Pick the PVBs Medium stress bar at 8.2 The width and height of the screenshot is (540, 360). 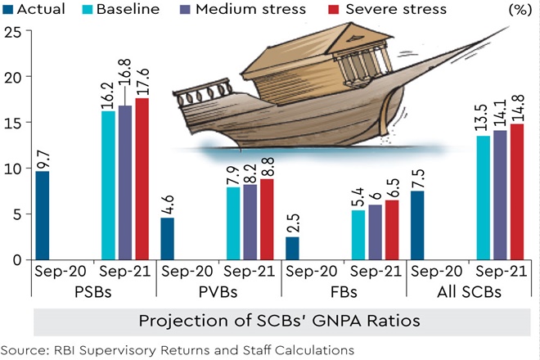click(251, 222)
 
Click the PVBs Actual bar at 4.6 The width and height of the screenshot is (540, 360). click(167, 238)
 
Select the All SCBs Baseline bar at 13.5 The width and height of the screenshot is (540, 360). click(483, 197)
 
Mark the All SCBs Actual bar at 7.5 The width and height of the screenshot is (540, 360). click(416, 225)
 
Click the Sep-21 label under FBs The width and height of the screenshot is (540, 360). click(375, 271)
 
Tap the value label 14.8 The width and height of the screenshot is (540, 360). click(518, 105)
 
